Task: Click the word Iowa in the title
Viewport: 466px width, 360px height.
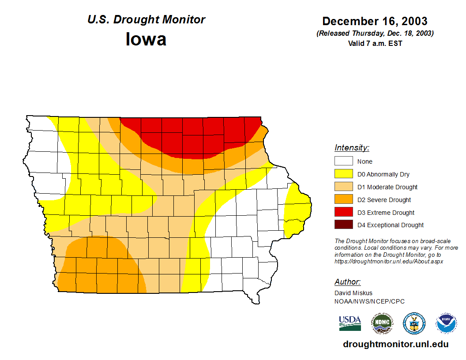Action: click(x=146, y=39)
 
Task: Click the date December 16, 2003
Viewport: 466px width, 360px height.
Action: click(x=375, y=21)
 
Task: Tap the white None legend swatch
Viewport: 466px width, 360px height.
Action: click(x=343, y=161)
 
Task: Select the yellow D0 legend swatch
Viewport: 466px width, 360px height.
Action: click(x=343, y=174)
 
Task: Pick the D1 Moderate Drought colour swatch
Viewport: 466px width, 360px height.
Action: click(x=343, y=187)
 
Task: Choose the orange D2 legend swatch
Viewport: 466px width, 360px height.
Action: click(x=343, y=200)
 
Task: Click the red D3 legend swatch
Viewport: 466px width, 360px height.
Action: click(x=343, y=213)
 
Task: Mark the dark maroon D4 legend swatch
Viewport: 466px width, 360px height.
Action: click(x=343, y=225)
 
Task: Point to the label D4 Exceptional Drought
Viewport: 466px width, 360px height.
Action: click(x=390, y=225)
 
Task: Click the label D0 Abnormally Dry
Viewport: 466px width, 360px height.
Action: click(x=383, y=174)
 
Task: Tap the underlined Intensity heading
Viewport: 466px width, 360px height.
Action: click(x=352, y=148)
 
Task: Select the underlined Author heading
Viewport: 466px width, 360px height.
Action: click(x=348, y=282)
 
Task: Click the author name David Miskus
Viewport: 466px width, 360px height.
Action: click(x=353, y=293)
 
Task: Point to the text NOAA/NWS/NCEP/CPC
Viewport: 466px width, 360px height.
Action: click(x=369, y=301)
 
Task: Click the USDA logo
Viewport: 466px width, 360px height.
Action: click(x=350, y=323)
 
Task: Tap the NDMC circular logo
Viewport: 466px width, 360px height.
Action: click(x=382, y=323)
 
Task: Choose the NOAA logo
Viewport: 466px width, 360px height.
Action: click(x=446, y=323)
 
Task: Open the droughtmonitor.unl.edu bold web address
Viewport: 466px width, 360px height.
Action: click(x=395, y=345)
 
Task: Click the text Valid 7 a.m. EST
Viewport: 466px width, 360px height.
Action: click(x=375, y=43)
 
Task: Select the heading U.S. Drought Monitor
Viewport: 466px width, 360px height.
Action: click(x=146, y=20)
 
